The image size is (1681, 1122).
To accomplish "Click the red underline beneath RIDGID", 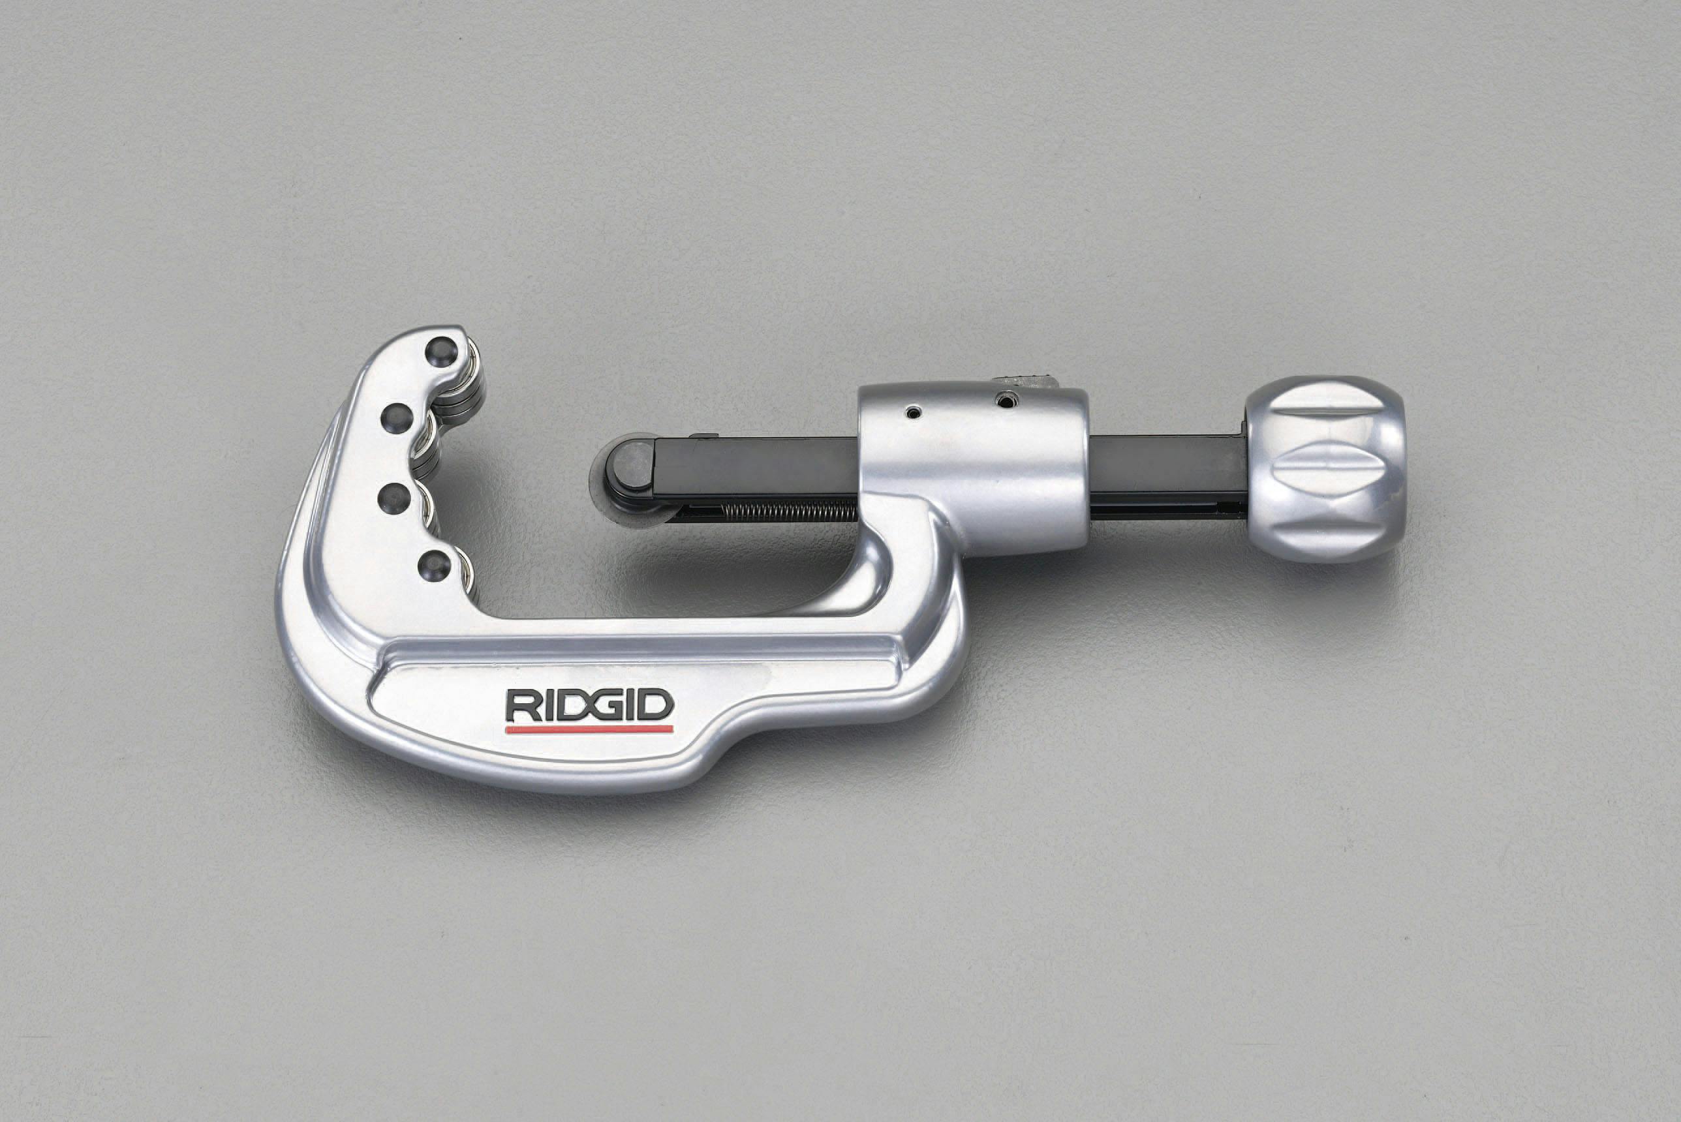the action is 589,729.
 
